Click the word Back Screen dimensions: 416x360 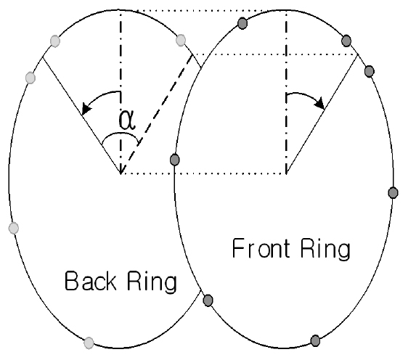coord(91,280)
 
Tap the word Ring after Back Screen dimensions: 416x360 coord(152,282)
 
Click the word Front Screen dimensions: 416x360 coord(261,248)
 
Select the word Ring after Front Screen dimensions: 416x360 coord(325,250)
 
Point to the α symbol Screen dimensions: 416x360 coord(127,120)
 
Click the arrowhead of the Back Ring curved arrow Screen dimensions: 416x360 coord(86,108)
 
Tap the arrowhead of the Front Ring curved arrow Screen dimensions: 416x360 coord(319,103)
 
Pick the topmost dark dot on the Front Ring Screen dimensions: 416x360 coord(242,23)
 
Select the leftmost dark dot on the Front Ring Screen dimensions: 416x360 coord(174,160)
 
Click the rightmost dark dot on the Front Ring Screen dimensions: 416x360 coord(393,192)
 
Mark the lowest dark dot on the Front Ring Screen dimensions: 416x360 coord(315,340)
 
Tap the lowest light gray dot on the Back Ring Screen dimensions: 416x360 coord(89,343)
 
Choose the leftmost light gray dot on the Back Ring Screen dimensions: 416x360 coord(14,228)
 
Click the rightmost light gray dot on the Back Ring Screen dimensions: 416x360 coord(181,40)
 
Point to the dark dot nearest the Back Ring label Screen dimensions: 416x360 coord(208,300)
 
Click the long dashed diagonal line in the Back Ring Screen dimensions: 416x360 coord(157,114)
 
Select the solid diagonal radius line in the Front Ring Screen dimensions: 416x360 coord(322,114)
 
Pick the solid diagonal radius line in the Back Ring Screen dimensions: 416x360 coord(82,115)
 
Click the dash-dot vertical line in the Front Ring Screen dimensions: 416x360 coord(286,92)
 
